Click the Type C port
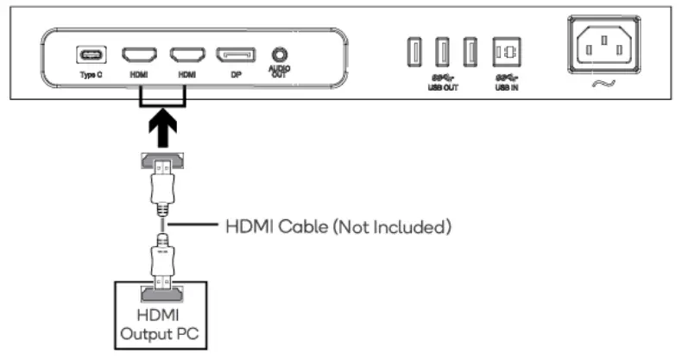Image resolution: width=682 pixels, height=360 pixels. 88,55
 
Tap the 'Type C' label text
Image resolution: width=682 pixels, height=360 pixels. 88,75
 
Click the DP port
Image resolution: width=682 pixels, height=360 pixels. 235,55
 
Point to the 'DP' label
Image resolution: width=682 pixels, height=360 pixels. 235,75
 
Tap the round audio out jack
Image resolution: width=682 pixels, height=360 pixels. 279,54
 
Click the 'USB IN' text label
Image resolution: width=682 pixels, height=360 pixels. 507,86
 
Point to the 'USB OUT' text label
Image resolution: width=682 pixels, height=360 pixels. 443,86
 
